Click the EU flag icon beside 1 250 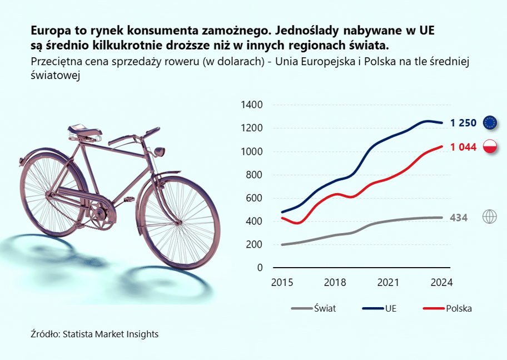click(x=490, y=122)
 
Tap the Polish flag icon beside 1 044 click(x=490, y=146)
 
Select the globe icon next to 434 click(x=490, y=216)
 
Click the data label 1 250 click(x=463, y=123)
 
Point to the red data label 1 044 click(x=463, y=147)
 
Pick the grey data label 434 click(x=459, y=218)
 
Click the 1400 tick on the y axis click(x=252, y=105)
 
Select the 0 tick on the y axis click(x=260, y=268)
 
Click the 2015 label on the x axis click(x=282, y=283)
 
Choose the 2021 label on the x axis click(x=389, y=283)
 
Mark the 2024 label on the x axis click(x=441, y=283)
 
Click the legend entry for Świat click(x=314, y=308)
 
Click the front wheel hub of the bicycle click(x=178, y=223)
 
